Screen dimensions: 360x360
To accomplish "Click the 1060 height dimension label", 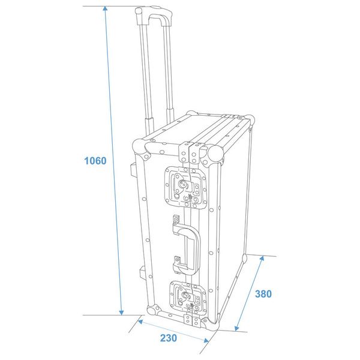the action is (x=95, y=161).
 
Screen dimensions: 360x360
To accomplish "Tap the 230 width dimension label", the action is (x=169, y=338).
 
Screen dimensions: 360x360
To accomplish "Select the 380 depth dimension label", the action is (x=263, y=294).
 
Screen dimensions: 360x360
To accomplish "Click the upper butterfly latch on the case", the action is (x=185, y=188).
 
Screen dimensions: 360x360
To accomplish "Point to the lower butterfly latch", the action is (x=188, y=297).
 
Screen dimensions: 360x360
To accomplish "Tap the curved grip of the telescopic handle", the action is (x=154, y=16).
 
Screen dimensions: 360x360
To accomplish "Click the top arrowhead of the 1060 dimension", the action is (x=105, y=9).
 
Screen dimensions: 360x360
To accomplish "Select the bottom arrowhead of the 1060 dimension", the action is (x=121, y=312).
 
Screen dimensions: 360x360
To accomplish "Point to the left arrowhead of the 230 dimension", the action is (x=140, y=322).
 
